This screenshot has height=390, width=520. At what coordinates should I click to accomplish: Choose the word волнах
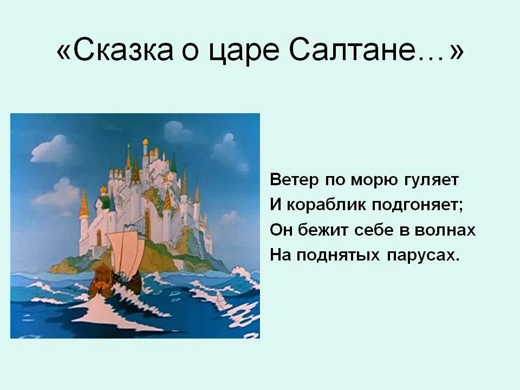coord(445,231)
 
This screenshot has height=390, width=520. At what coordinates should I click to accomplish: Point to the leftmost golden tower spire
coord(84,203)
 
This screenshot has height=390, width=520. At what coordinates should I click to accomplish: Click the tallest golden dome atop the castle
coord(145,142)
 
